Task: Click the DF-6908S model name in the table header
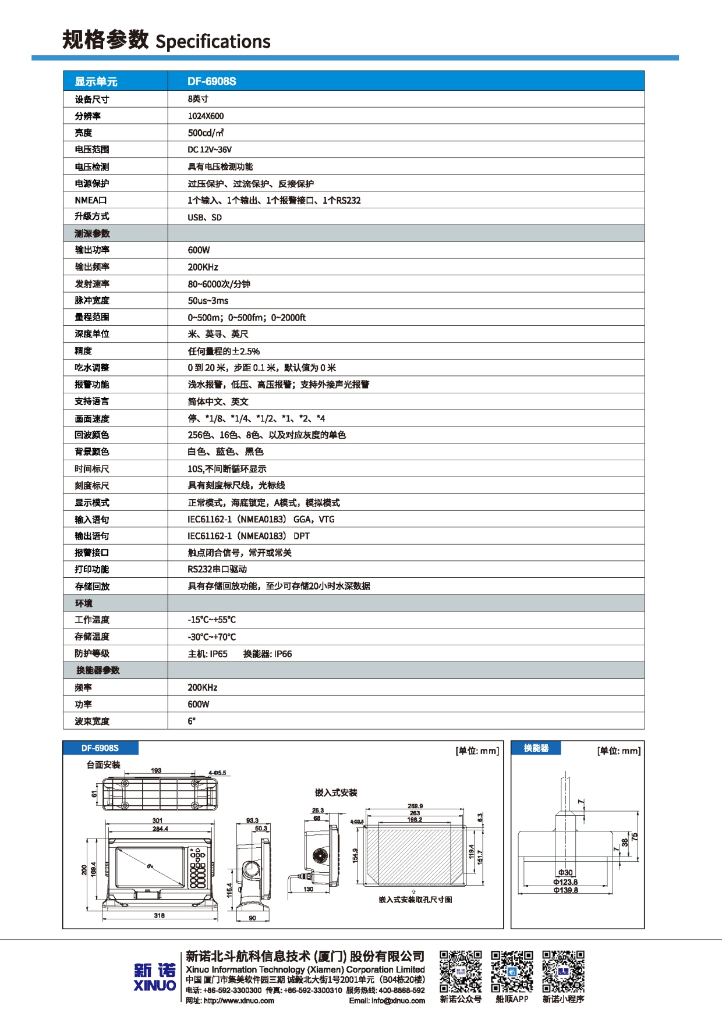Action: pos(211,81)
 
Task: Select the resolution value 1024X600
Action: pos(206,116)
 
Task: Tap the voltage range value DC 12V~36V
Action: pos(210,150)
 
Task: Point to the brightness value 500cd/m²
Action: pos(206,133)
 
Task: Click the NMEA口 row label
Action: pos(91,200)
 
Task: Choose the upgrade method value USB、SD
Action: pos(204,217)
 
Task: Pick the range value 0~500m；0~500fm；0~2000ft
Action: pos(246,317)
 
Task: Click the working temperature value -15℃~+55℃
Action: pos(211,620)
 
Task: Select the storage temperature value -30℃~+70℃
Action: pos(211,637)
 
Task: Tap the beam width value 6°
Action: pos(192,721)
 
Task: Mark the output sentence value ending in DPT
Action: pos(249,536)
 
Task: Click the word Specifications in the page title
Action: pos(213,41)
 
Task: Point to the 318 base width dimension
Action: pos(159,915)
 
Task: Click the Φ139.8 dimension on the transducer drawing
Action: pos(565,890)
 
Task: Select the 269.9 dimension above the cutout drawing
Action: pos(415,806)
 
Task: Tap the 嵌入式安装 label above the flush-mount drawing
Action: pos(336,792)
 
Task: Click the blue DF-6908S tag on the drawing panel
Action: pos(100,748)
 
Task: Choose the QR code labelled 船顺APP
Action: pos(512,971)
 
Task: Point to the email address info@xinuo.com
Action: pos(387,1001)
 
